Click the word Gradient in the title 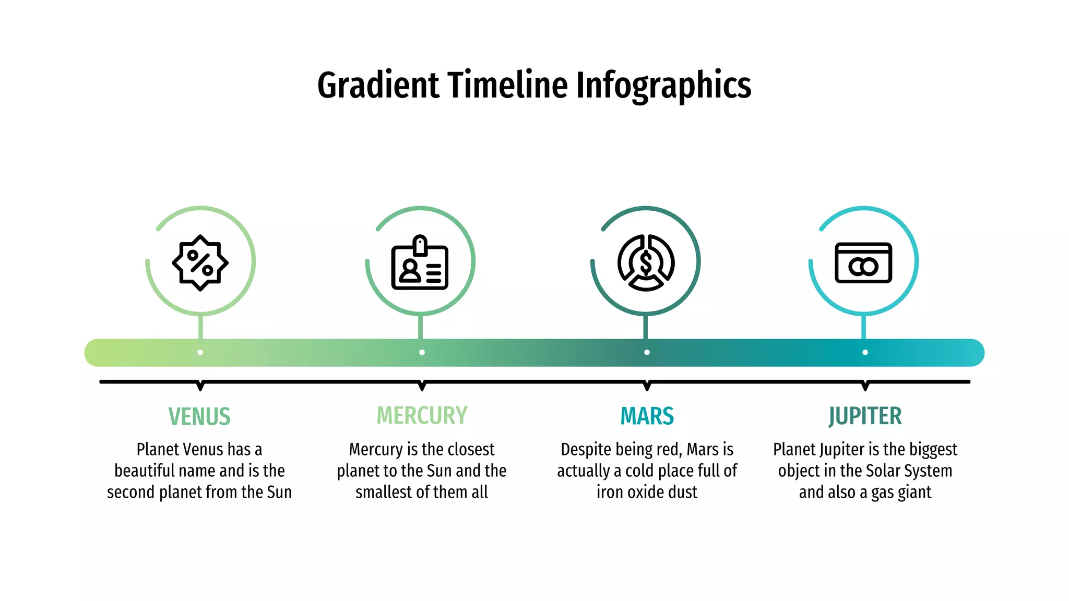point(378,86)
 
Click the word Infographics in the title point(663,86)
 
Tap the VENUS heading point(199,416)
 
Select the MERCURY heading point(422,416)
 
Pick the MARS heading point(647,416)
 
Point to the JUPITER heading point(865,416)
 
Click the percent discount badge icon point(200,262)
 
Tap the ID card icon point(420,263)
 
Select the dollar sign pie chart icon point(646,262)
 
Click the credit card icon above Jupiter point(863,263)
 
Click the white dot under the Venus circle point(200,353)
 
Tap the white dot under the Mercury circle point(422,353)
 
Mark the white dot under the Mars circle point(647,353)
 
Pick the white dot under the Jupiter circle point(865,353)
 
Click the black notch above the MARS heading point(647,386)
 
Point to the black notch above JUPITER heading point(865,386)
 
